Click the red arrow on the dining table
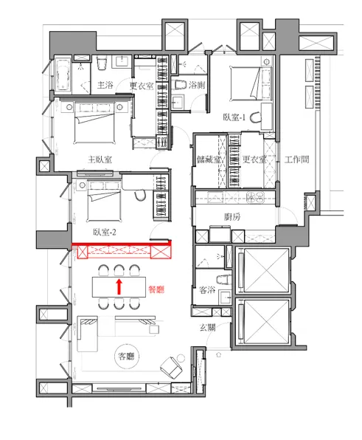(119, 286)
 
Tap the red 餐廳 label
(156, 289)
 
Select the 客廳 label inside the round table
(126, 357)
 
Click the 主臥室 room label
(100, 159)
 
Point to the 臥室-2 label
(104, 233)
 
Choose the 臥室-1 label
(234, 117)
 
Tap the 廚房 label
(232, 216)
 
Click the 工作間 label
(296, 159)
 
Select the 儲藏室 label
(209, 159)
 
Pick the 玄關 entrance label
(207, 327)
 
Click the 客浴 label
(206, 289)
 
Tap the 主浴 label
(105, 85)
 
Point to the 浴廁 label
(197, 85)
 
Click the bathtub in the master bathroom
(63, 75)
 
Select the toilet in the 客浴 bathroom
(223, 280)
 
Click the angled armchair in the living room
(171, 368)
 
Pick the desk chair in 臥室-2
(140, 195)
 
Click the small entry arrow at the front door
(219, 354)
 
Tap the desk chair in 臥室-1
(256, 117)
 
